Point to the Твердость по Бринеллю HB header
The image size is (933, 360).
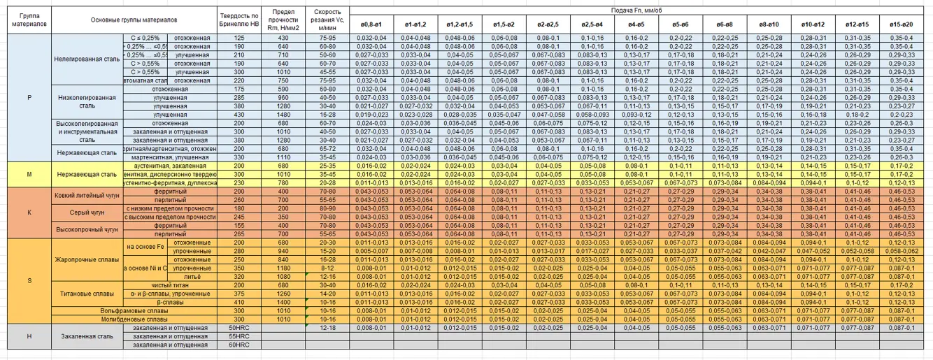coord(239,19)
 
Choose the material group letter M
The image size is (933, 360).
coord(29,174)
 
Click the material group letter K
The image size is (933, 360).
coord(29,212)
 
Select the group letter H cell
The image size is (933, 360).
coord(29,336)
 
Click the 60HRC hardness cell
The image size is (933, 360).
coord(239,345)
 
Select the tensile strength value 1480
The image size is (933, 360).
coord(283,114)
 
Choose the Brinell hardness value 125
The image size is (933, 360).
coord(239,38)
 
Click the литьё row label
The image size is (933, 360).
coord(192,277)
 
